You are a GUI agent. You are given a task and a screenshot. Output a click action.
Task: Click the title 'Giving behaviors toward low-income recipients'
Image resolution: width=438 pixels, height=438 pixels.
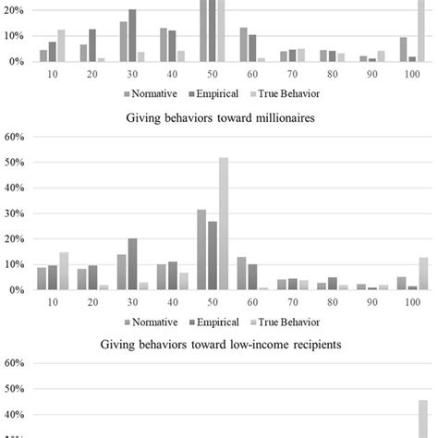(219, 344)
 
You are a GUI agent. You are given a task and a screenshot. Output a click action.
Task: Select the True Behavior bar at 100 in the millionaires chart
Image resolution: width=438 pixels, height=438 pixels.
(423, 274)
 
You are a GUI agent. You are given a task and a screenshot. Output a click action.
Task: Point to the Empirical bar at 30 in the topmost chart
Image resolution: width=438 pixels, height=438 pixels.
(132, 35)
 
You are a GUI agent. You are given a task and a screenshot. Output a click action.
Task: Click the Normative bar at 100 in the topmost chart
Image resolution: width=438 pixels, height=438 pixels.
(403, 50)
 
